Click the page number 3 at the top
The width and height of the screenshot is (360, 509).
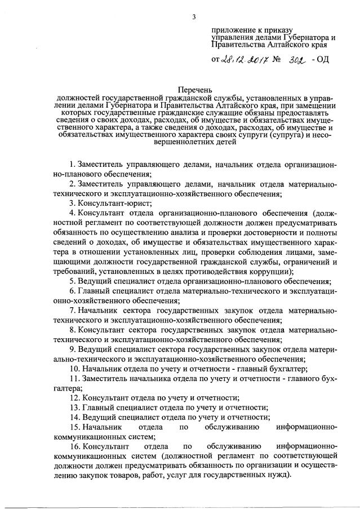tap(193, 17)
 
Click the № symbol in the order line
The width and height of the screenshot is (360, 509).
tap(276, 59)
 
